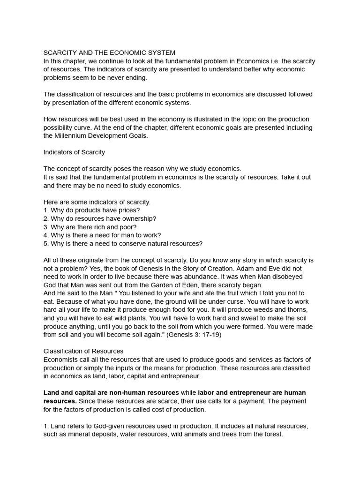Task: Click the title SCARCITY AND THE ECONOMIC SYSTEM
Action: [x=109, y=52]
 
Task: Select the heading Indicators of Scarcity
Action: [x=74, y=152]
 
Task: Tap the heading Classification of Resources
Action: [x=83, y=351]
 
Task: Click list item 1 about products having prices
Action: [x=91, y=210]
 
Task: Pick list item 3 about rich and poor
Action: [x=90, y=227]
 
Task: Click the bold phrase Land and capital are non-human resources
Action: [x=111, y=392]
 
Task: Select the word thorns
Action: [x=297, y=310]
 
